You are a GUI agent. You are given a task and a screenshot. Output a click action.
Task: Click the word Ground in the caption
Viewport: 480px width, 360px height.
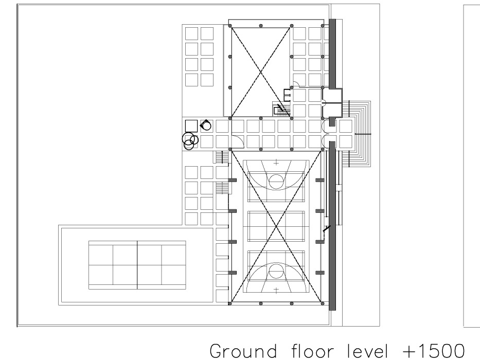(243, 351)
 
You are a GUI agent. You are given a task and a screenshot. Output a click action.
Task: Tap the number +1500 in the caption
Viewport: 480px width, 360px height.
(434, 351)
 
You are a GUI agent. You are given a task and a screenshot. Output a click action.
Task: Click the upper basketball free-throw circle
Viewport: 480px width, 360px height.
(276, 175)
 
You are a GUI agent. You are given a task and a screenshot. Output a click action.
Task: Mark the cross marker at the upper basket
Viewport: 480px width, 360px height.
(276, 163)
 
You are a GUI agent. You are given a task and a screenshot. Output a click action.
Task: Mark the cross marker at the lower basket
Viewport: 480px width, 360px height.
(276, 290)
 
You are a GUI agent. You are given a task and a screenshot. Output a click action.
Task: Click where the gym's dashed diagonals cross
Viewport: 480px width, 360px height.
(276, 226)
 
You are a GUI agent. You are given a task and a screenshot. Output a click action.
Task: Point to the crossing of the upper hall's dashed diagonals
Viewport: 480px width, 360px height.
(260, 72)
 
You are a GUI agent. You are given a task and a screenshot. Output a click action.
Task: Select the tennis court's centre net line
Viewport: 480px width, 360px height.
(137, 265)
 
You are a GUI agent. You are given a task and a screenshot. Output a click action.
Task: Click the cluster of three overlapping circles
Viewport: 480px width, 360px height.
(190, 141)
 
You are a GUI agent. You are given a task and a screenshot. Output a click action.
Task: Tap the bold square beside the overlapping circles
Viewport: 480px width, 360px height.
(191, 126)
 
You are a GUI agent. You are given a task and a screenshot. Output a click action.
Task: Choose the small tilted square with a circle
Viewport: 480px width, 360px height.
(206, 125)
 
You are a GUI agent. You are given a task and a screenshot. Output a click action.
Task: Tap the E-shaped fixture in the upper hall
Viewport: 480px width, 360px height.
(287, 95)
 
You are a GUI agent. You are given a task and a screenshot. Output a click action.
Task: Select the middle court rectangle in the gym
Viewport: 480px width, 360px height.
(276, 226)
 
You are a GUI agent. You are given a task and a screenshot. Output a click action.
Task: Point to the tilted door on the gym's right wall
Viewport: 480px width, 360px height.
(327, 229)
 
